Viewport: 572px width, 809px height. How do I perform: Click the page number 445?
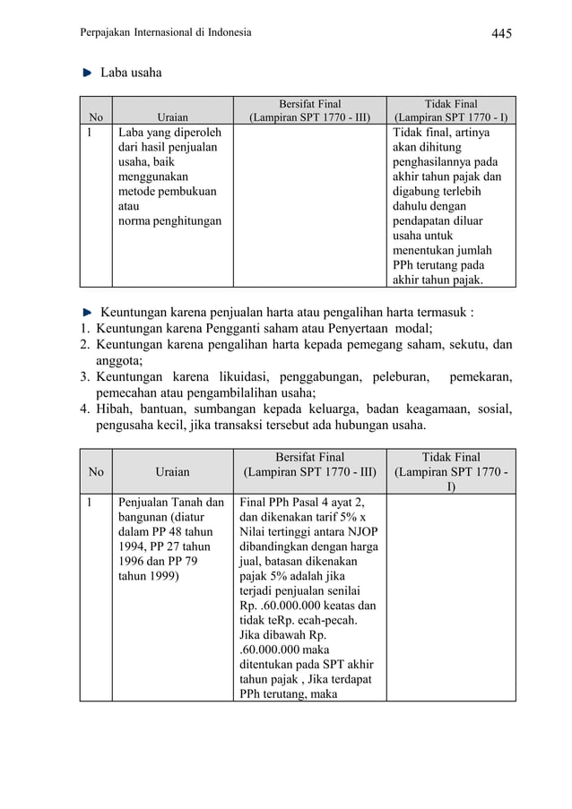(x=501, y=34)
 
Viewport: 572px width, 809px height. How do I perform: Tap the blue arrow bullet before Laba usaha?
(x=87, y=72)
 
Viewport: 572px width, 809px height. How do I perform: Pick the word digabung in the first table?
(x=418, y=191)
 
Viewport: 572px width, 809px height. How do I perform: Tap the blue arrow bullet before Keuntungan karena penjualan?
(x=87, y=313)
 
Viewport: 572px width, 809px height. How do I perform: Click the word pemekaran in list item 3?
(x=481, y=377)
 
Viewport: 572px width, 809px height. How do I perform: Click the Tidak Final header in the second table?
(x=451, y=456)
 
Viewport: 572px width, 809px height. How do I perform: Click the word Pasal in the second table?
(x=311, y=502)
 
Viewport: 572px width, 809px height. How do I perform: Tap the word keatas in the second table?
(x=351, y=606)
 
